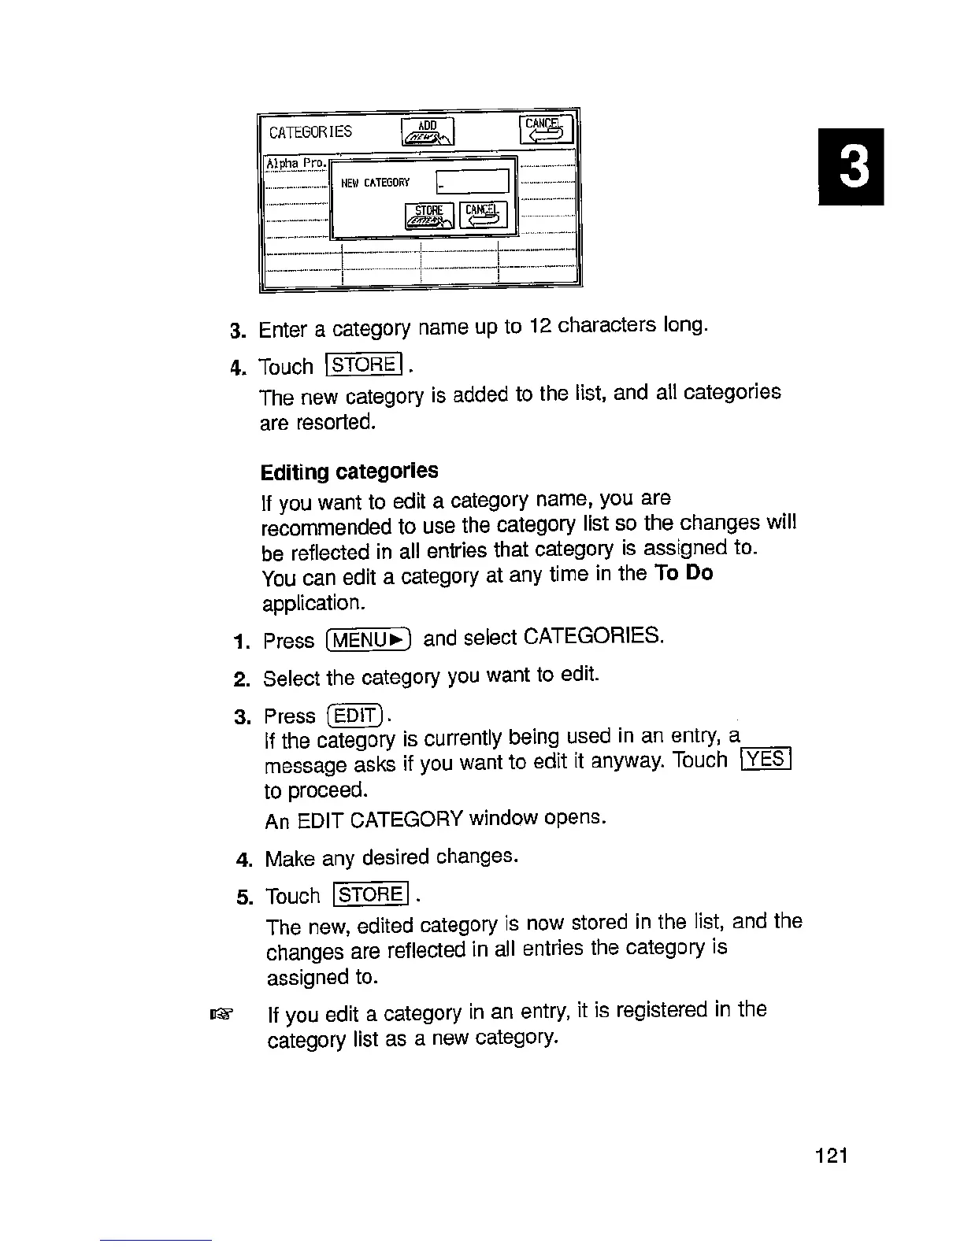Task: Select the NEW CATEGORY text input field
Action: click(472, 183)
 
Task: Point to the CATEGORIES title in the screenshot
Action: click(310, 131)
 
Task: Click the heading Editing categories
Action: click(349, 472)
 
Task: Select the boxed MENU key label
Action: click(369, 638)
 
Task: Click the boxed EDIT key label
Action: click(355, 716)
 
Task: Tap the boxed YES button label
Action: click(766, 759)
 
